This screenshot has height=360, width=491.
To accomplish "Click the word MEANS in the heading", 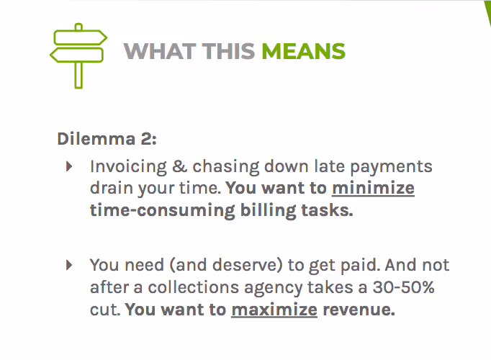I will (x=303, y=52).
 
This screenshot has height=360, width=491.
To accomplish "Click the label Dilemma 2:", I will (x=107, y=138).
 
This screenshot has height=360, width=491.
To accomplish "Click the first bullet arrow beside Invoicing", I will (x=69, y=166).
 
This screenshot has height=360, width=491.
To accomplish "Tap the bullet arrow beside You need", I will (x=69, y=264).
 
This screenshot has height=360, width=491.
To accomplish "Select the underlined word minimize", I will (x=373, y=189).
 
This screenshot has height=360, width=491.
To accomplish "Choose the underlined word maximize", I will (x=274, y=310).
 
